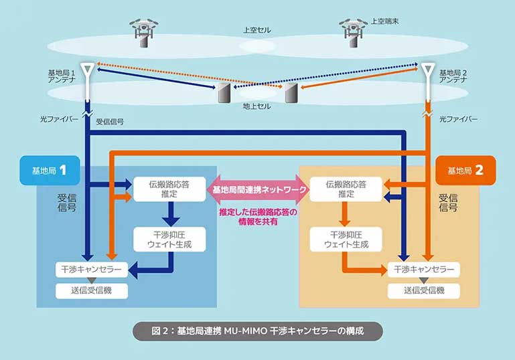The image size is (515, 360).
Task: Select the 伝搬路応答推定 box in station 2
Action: tap(346, 189)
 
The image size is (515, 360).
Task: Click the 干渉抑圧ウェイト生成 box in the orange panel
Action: tap(346, 240)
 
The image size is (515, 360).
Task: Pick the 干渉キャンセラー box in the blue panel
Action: tap(90, 270)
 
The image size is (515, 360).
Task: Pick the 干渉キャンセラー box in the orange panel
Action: tap(423, 270)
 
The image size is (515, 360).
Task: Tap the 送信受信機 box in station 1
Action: tap(90, 291)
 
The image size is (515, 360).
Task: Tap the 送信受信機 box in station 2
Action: tap(423, 291)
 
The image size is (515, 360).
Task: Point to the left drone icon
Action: tap(143, 31)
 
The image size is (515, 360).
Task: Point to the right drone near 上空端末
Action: tap(353, 31)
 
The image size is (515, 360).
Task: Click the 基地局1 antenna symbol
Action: tap(88, 72)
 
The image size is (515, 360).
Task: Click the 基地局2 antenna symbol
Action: tap(427, 72)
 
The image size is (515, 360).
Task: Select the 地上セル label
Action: tap(257, 106)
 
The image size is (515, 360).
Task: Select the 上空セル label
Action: tap(257, 31)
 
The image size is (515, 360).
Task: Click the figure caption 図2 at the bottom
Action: tap(257, 331)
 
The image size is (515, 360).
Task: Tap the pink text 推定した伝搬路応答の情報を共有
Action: tap(258, 217)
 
